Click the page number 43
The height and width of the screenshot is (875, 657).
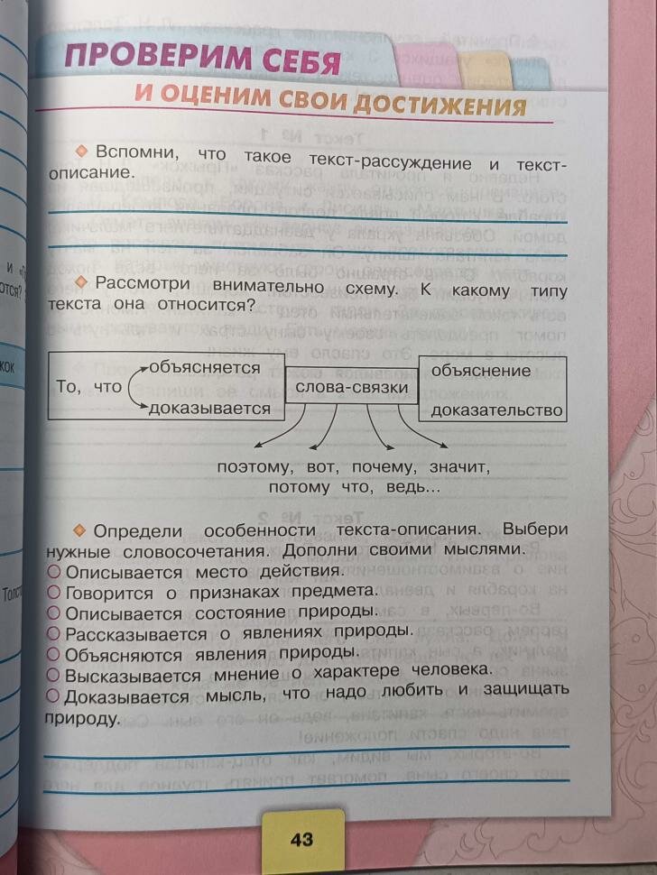pyautogui.click(x=301, y=839)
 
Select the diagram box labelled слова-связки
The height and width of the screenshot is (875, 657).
pyautogui.click(x=351, y=389)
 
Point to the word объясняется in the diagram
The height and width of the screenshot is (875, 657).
pyautogui.click(x=204, y=367)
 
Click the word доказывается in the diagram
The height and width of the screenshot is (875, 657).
pyautogui.click(x=210, y=409)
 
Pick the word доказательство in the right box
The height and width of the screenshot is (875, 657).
pyautogui.click(x=497, y=411)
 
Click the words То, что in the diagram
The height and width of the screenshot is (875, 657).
pyautogui.click(x=88, y=387)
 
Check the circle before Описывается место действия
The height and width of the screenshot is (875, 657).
pyautogui.click(x=53, y=572)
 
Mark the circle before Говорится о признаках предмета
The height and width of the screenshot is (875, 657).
pyautogui.click(x=53, y=592)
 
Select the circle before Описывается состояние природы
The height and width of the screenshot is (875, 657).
pyautogui.click(x=53, y=612)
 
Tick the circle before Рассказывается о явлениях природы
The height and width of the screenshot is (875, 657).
pyautogui.click(x=53, y=632)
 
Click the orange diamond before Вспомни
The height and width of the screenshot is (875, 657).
pyautogui.click(x=82, y=148)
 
